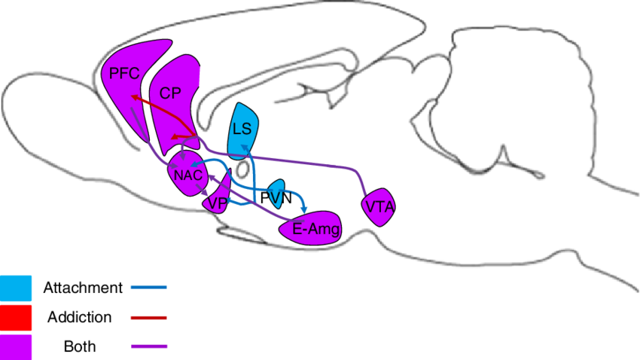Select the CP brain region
[172, 94]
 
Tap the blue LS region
[242, 128]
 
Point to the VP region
[218, 202]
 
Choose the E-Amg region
[315, 227]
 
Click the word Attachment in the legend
[82, 288]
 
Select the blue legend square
[16, 286]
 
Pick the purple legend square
[16, 346]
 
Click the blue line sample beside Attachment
[148, 288]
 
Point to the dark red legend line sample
[148, 318]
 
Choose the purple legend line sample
[148, 346]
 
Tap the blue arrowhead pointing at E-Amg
[304, 207]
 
